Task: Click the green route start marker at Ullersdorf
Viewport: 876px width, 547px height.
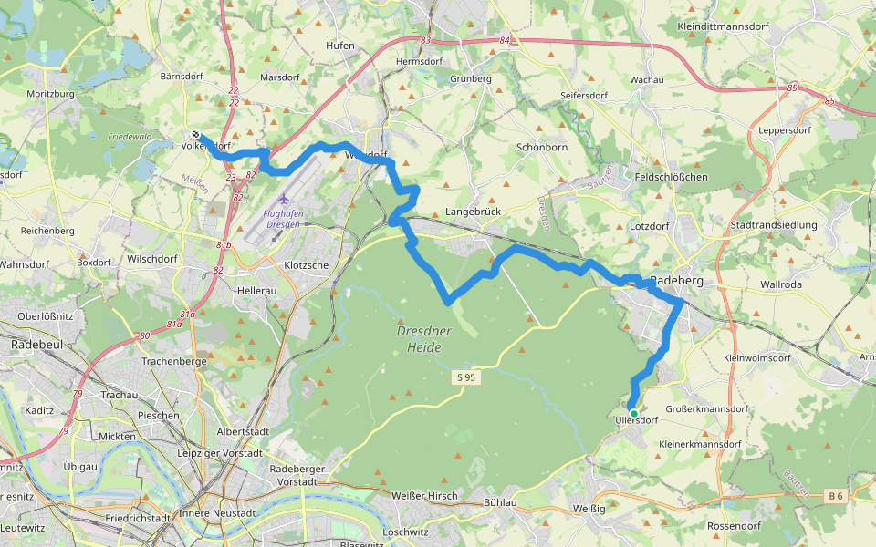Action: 633,413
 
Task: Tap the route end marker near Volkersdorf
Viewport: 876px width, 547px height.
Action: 195,136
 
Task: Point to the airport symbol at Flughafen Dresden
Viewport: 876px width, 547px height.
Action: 283,199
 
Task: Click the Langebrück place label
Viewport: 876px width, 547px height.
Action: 468,212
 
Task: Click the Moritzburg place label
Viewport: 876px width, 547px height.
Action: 50,95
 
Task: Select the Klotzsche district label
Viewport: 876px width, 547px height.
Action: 307,265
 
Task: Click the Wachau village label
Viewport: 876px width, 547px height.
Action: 646,80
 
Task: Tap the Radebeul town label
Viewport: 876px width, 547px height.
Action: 36,346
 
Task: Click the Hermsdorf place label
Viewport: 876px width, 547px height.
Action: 419,62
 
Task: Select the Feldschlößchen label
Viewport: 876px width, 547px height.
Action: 671,177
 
